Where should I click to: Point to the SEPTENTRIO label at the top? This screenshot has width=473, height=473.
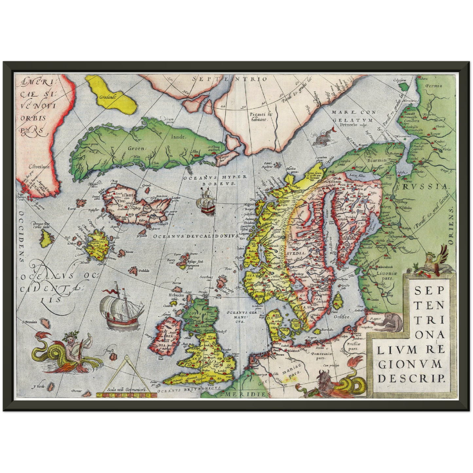230,79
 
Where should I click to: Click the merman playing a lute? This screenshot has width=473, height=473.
70,352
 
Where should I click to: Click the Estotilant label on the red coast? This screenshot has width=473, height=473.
39,167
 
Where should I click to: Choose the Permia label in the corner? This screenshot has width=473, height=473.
433,86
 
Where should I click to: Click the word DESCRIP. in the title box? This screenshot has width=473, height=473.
411,378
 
